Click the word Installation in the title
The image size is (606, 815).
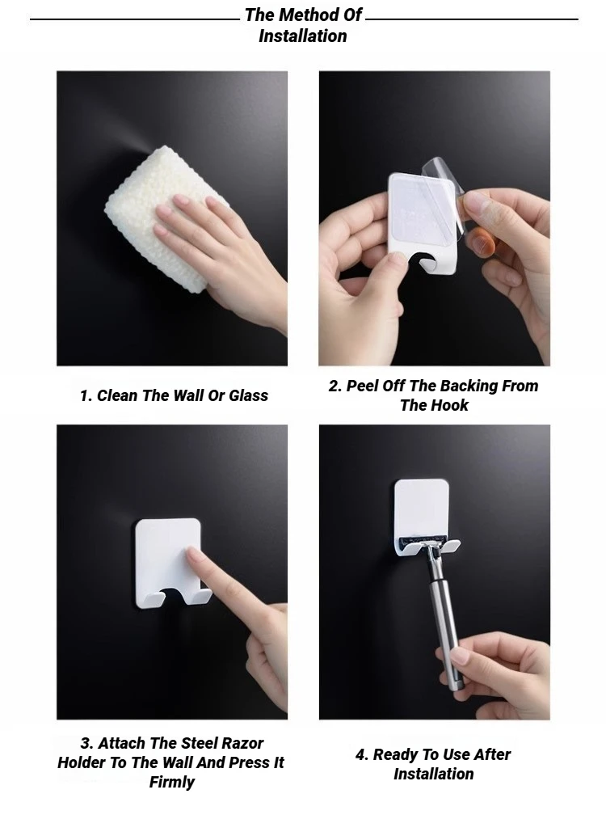click(x=303, y=36)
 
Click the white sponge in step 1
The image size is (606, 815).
click(x=166, y=218)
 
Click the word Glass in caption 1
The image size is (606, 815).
click(x=248, y=395)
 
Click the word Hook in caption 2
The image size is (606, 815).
click(x=451, y=405)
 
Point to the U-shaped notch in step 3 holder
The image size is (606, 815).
click(x=174, y=596)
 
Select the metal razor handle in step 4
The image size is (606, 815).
click(x=443, y=618)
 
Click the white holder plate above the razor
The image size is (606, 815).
click(x=421, y=506)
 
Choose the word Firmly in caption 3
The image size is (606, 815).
click(x=172, y=782)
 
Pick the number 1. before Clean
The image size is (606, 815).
click(x=86, y=395)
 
